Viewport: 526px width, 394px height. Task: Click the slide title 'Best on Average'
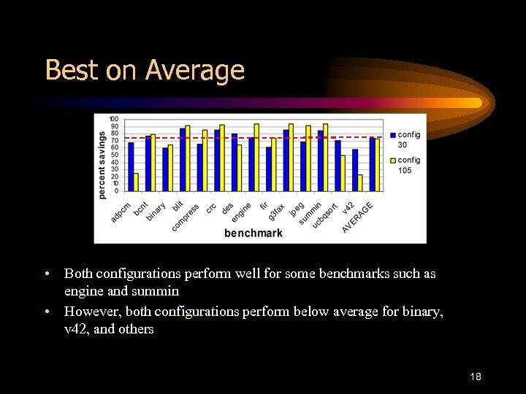pyautogui.click(x=145, y=70)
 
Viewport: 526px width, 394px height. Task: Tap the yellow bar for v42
pyautogui.click(x=360, y=183)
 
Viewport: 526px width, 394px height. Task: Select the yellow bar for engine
pyautogui.click(x=256, y=158)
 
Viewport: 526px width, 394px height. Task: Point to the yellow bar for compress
pyautogui.click(x=205, y=161)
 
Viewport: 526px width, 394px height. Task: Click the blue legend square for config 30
pyautogui.click(x=393, y=135)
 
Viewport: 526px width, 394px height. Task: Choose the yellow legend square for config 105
pyautogui.click(x=393, y=161)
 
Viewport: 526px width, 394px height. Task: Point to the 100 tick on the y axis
pyautogui.click(x=114, y=119)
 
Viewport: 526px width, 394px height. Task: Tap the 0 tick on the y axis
pyautogui.click(x=116, y=190)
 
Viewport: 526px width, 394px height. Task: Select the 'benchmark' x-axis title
pyautogui.click(x=253, y=233)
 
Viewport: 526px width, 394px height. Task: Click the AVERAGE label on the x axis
pyautogui.click(x=358, y=217)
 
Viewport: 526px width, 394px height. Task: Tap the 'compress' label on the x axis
pyautogui.click(x=186, y=218)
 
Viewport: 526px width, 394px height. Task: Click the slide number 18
pyautogui.click(x=475, y=376)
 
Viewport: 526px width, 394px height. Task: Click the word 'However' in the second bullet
pyautogui.click(x=90, y=312)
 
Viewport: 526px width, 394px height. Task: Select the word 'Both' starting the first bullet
pyautogui.click(x=78, y=274)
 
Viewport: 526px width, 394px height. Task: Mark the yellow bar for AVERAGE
pyautogui.click(x=377, y=165)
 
